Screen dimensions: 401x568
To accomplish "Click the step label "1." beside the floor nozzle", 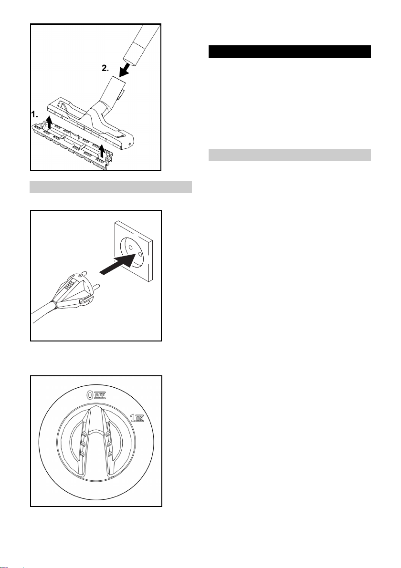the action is (34, 115).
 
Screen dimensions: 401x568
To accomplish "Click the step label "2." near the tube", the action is (105, 68).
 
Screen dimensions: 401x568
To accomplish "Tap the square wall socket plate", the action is (134, 252).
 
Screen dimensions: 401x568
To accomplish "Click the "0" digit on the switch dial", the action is (90, 395).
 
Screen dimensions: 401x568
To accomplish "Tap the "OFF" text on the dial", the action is (100, 395).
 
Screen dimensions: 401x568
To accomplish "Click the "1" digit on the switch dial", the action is (133, 418).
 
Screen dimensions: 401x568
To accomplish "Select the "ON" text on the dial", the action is (140, 419).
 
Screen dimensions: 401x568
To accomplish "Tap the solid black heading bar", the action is (290, 52).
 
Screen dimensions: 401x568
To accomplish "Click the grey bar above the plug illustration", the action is (111, 187).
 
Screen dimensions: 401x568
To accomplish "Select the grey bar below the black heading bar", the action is (290, 155).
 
